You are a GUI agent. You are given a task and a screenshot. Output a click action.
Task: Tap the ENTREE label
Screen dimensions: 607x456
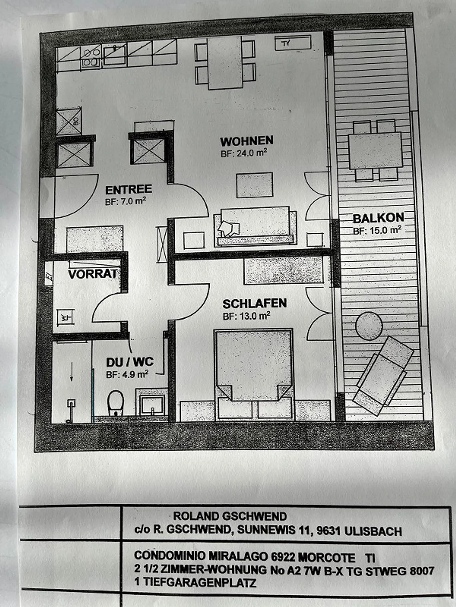(x=129, y=190)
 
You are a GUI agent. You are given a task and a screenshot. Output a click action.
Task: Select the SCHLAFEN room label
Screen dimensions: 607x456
(x=255, y=304)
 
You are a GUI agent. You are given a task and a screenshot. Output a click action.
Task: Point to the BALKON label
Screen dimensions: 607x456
(x=378, y=218)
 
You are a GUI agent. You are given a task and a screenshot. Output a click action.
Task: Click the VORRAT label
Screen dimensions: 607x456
(x=92, y=274)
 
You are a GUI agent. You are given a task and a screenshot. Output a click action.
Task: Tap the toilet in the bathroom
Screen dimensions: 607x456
(x=115, y=402)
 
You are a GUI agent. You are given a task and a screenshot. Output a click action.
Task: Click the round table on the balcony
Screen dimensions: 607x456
(x=369, y=326)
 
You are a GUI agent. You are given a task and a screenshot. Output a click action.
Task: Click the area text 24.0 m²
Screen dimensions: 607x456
(x=244, y=153)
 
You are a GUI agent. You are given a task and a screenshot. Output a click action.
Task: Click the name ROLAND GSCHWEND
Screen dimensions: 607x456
(x=230, y=516)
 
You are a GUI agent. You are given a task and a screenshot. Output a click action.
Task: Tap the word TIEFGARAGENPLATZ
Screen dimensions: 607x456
(x=200, y=582)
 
